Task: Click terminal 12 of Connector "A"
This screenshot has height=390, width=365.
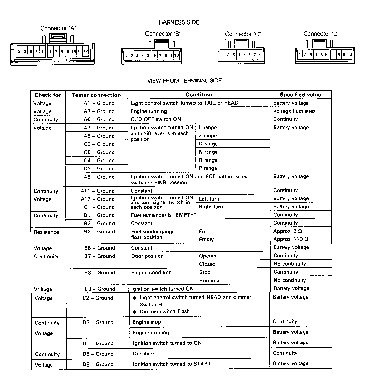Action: click(x=86, y=51)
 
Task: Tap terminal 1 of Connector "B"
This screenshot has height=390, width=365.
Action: click(x=126, y=55)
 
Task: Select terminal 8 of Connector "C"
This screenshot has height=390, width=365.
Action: click(x=260, y=55)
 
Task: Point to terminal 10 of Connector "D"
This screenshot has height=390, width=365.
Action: click(x=349, y=55)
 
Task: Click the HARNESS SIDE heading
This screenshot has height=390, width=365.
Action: click(x=179, y=23)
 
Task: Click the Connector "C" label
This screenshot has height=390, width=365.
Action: click(x=243, y=34)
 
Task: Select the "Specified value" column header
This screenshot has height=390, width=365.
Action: click(x=300, y=95)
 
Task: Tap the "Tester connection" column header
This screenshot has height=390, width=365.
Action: click(x=96, y=95)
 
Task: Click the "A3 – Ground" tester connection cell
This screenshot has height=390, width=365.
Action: click(x=99, y=111)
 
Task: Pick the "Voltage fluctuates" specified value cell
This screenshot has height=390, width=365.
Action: click(x=294, y=111)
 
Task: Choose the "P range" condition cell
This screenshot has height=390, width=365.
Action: click(x=208, y=168)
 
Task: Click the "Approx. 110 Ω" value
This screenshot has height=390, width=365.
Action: click(x=291, y=239)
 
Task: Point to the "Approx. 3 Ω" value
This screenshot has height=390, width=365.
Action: click(x=288, y=231)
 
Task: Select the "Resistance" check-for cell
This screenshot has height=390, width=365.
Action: click(x=46, y=232)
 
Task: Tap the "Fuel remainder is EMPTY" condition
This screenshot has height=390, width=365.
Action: click(x=163, y=215)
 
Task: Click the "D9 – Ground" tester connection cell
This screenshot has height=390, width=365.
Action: click(x=98, y=364)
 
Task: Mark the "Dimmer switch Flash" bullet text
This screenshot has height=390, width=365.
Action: click(x=165, y=311)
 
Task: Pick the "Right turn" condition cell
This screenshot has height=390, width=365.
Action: click(x=211, y=207)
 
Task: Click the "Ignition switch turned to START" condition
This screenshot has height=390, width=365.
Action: click(x=172, y=364)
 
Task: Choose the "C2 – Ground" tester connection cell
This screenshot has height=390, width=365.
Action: click(x=98, y=298)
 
